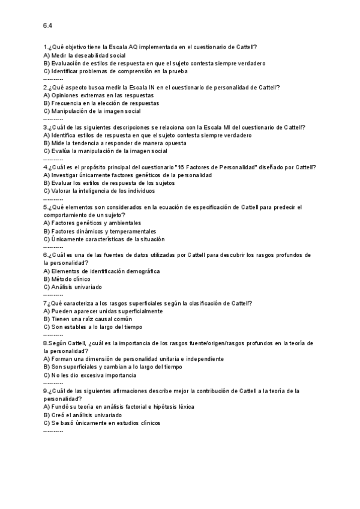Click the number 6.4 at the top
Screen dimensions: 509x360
coord(48,25)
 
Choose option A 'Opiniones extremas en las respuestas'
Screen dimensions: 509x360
coord(98,95)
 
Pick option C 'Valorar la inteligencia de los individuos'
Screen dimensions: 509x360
coord(99,191)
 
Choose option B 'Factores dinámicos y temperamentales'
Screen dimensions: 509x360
coord(100,231)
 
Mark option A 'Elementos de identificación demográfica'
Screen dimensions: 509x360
coord(101,271)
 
